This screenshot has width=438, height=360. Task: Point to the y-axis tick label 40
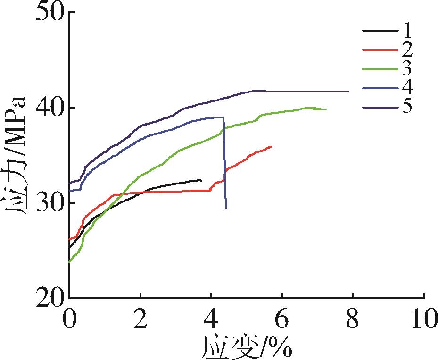point(48,108)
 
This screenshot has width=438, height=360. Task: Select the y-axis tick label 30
point(48,203)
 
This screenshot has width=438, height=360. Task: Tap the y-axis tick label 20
point(48,298)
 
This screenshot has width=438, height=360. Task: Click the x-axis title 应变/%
point(247,347)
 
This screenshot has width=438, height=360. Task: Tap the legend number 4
point(406,88)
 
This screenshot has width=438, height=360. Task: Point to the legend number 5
point(406,107)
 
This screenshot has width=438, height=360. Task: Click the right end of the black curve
point(201,180)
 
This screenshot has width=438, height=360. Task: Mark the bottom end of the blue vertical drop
point(226,208)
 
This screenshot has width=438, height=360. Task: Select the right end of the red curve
point(271,147)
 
